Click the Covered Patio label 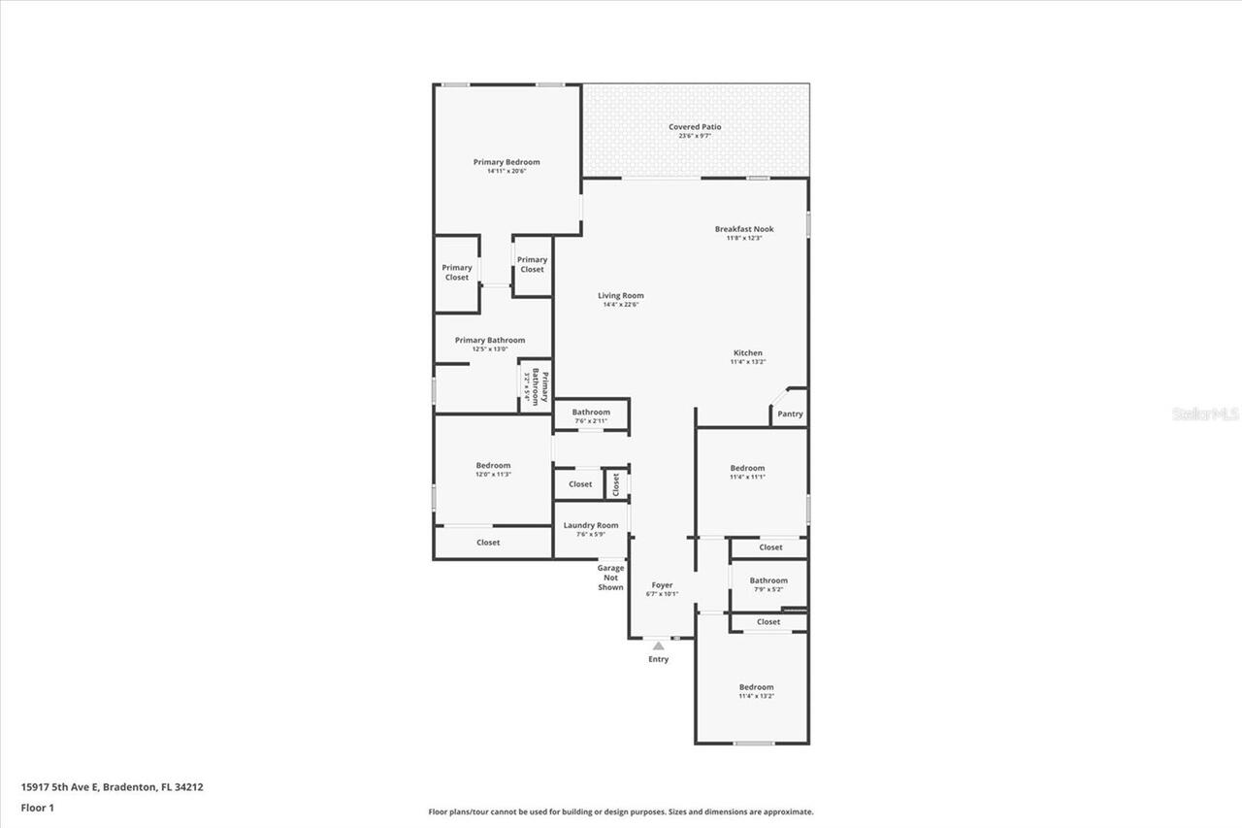695,127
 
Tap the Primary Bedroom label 507,162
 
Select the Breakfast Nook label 744,229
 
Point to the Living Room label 621,296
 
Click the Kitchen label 747,353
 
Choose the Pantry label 790,414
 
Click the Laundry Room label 591,525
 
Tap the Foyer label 662,585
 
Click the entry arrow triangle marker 659,646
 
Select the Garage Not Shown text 610,578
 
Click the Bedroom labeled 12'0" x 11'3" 493,466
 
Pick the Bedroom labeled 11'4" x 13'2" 756,687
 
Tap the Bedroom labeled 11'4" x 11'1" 747,468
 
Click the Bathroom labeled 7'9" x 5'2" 768,580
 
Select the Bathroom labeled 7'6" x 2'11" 591,413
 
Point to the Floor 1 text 37,807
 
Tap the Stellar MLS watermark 1205,414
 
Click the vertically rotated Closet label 615,483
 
